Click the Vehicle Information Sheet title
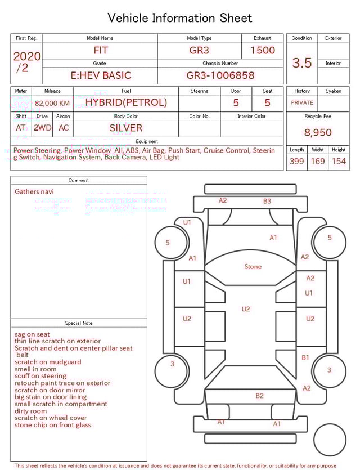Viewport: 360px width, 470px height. point(179,18)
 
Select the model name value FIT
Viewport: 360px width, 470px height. point(100,50)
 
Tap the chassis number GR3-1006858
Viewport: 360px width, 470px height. point(220,75)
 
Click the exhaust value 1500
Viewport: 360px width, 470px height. point(263,50)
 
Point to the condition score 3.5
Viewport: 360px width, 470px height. point(302,63)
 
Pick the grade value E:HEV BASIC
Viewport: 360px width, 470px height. point(101,75)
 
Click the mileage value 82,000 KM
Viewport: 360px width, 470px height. point(52,104)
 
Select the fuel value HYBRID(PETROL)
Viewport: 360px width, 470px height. point(126,102)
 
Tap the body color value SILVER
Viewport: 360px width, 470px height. point(126,128)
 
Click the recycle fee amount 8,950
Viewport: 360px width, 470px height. point(318,133)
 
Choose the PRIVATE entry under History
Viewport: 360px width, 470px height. point(302,103)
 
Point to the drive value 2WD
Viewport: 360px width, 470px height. point(42,128)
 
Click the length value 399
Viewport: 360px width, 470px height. point(296,162)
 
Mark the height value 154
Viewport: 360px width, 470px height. point(339,162)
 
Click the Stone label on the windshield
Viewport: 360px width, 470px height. point(253,266)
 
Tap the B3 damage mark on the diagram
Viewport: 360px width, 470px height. point(267,201)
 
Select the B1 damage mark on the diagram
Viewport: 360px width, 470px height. point(305,357)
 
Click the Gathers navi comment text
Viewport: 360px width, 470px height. point(34,191)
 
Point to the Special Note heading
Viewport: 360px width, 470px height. point(79,323)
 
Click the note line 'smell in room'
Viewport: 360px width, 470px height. point(35,369)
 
